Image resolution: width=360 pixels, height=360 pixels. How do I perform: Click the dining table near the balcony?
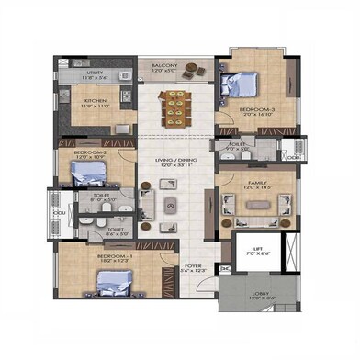pos(173,102)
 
